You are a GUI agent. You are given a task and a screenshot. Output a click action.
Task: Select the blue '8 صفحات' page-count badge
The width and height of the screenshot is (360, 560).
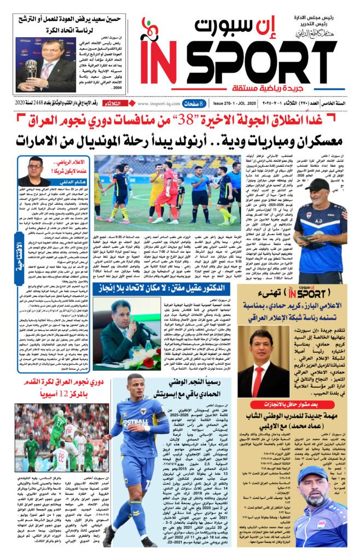point(194,103)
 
